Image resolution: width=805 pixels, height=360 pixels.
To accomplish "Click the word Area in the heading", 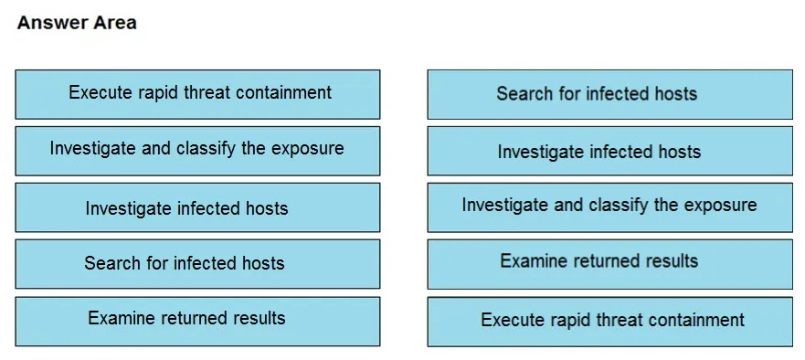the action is (x=115, y=23).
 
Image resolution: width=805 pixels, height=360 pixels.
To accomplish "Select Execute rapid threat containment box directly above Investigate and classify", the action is (x=197, y=94).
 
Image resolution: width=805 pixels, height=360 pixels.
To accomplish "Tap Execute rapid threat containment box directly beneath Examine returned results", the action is (x=609, y=322).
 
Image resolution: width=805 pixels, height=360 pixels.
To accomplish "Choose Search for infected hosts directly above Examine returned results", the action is (x=197, y=264).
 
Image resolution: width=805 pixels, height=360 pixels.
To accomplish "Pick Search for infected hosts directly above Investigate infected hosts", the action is (x=609, y=94).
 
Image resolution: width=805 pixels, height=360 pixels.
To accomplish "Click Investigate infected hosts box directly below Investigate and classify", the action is (x=197, y=207).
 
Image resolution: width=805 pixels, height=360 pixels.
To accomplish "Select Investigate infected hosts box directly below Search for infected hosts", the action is (x=609, y=151).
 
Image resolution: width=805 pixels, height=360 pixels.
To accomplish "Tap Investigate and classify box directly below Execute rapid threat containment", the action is (x=197, y=151).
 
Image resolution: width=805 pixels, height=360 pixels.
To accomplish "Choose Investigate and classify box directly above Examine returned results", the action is (x=609, y=207).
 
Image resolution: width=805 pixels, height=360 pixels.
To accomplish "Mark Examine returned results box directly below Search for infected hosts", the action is (x=197, y=322).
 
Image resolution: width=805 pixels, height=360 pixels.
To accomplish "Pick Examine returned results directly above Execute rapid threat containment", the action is (x=609, y=264).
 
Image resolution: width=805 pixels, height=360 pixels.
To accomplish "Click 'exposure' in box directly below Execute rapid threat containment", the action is (x=307, y=149).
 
